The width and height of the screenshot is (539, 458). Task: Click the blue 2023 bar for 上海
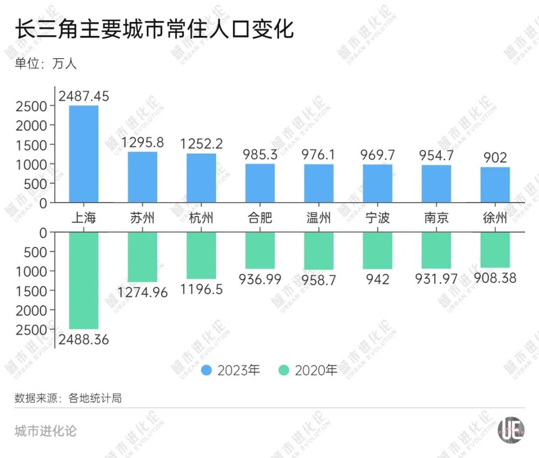pos(84,154)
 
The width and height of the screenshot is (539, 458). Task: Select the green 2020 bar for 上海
pos(84,280)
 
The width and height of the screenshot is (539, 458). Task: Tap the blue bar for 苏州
pos(142,177)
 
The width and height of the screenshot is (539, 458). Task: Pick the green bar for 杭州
pos(201,255)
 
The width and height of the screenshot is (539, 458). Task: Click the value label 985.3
pos(260,155)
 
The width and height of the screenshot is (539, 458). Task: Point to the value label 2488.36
pos(84,340)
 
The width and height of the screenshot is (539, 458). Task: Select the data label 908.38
pos(495,278)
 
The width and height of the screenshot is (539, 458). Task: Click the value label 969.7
pos(377,155)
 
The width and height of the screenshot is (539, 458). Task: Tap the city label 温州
pos(319,218)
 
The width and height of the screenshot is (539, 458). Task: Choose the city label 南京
pos(436,218)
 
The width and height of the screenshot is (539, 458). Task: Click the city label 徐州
pos(495,218)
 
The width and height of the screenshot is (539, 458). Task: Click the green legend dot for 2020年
pos(284,370)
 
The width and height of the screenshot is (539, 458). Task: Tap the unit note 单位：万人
pos(46,64)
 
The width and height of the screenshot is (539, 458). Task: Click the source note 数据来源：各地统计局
pos(68,398)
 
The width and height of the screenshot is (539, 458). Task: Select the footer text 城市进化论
pos(45,431)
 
